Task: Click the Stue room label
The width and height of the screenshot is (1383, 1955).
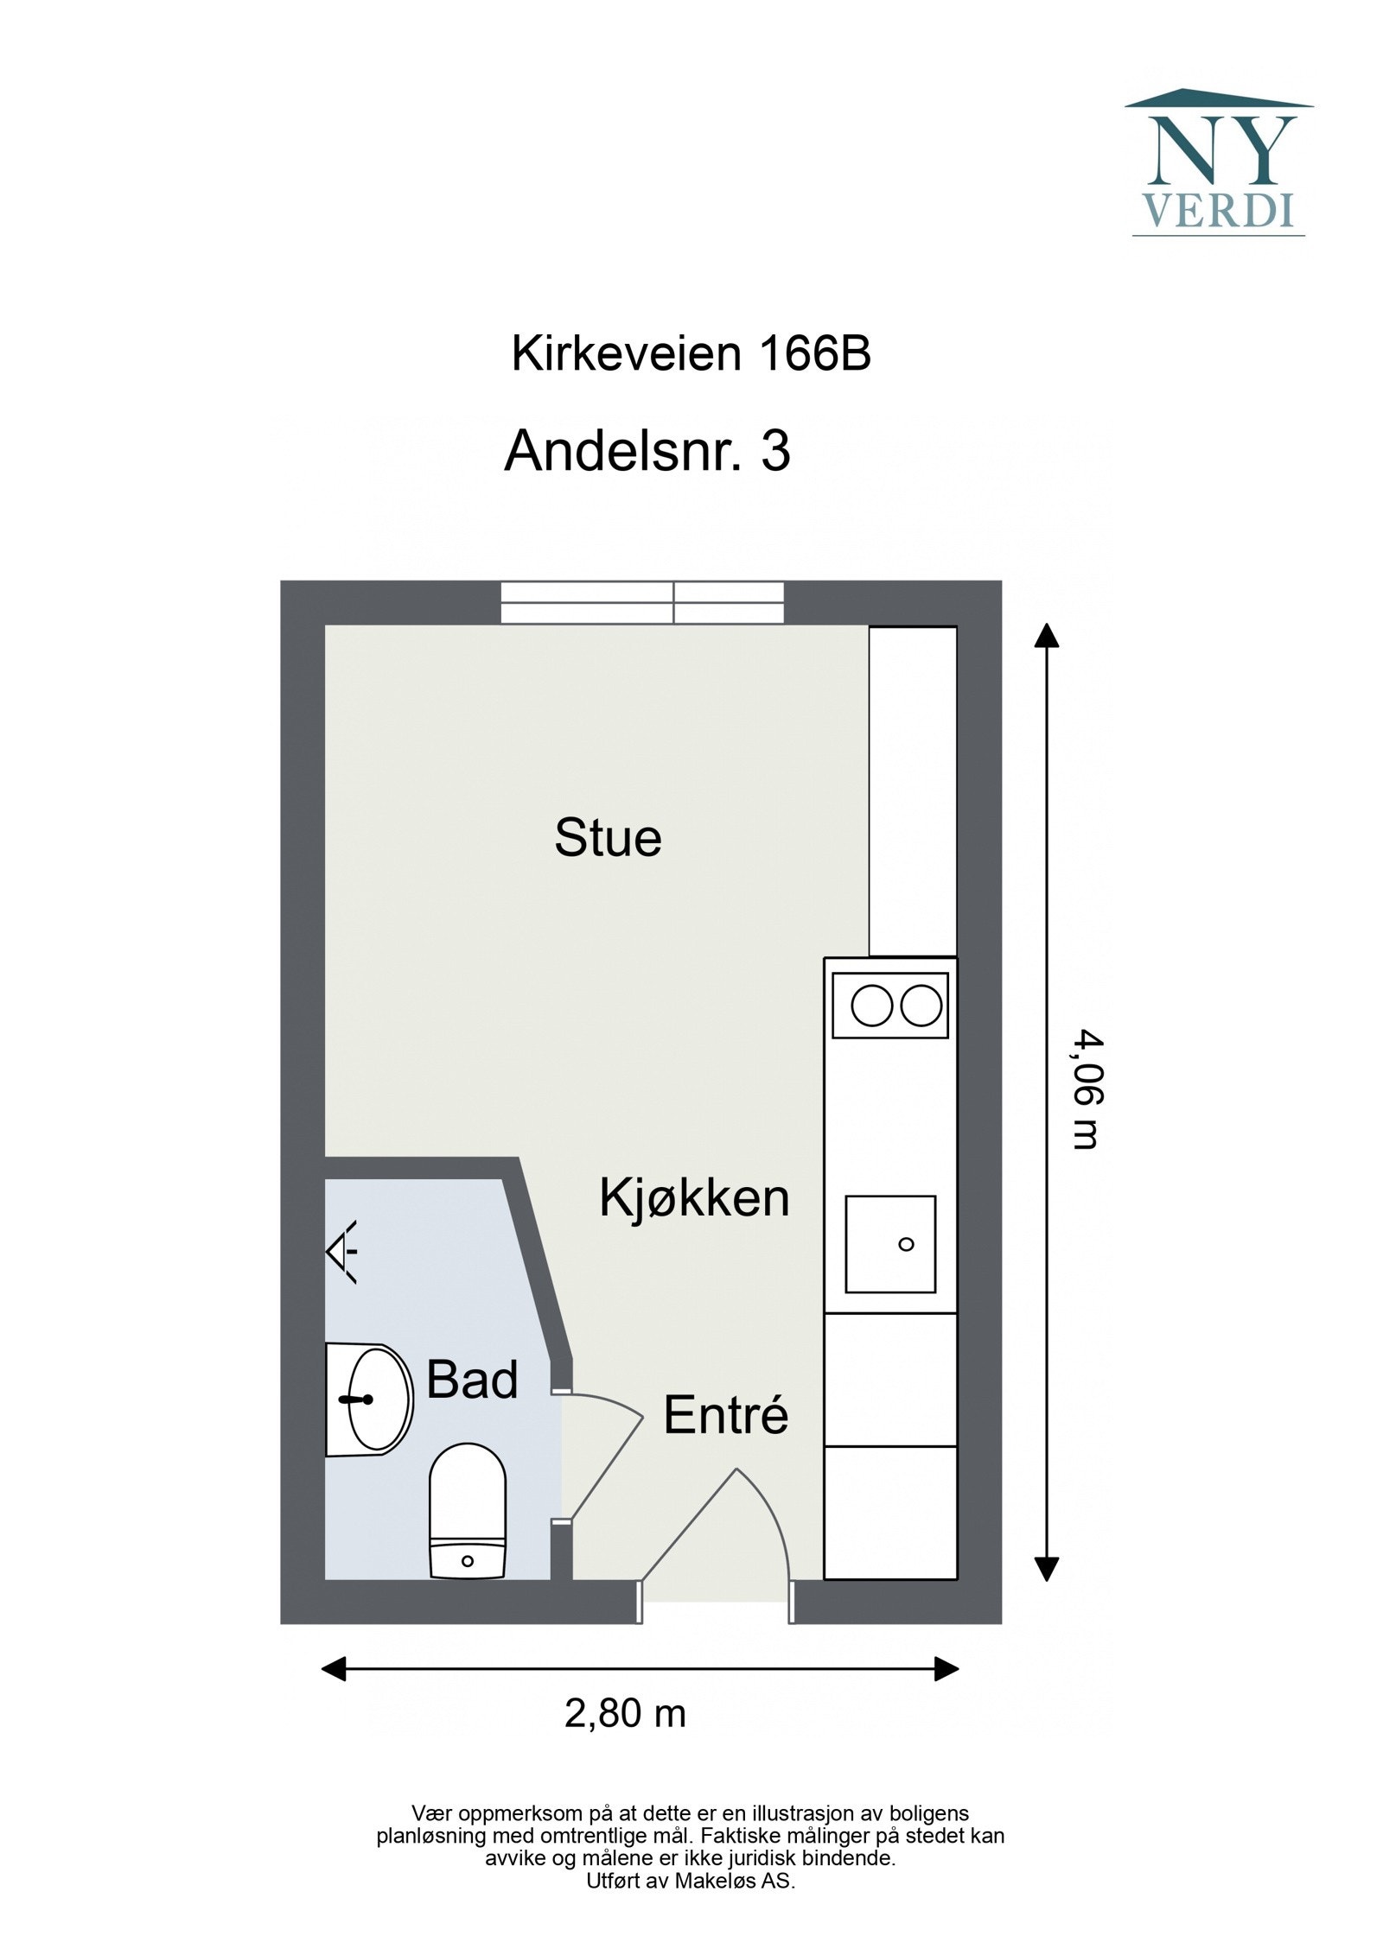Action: [x=608, y=838]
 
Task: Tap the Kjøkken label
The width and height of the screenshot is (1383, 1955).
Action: [x=694, y=1199]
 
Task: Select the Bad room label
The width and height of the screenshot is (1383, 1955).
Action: [x=472, y=1380]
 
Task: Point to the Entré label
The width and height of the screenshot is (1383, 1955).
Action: [x=725, y=1416]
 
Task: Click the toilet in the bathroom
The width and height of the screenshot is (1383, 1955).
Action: [x=467, y=1510]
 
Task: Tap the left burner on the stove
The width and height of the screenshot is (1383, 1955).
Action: [x=870, y=1006]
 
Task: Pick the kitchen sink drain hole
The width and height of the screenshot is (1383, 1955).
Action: [x=906, y=1244]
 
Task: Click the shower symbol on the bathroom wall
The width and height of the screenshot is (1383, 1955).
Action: [x=342, y=1251]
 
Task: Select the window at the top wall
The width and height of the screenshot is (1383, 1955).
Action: [x=642, y=602]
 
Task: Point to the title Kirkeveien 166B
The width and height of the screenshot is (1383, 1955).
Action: [x=691, y=353]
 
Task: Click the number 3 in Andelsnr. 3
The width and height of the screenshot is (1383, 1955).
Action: [x=775, y=451]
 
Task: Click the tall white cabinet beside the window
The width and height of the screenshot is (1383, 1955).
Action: [x=912, y=790]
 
